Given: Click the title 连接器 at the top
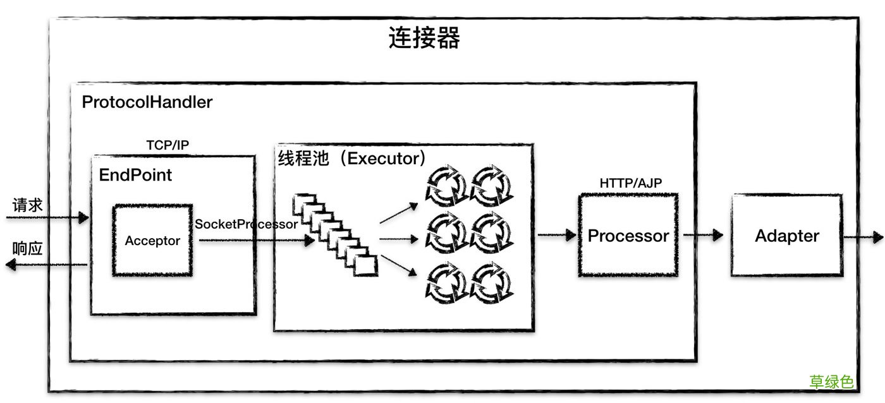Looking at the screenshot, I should pyautogui.click(x=424, y=39).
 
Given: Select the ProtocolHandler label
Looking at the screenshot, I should pyautogui.click(x=147, y=102).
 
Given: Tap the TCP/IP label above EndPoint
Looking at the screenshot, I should pyautogui.click(x=168, y=145).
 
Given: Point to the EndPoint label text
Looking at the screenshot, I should pyautogui.click(x=135, y=175).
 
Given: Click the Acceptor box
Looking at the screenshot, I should pyautogui.click(x=152, y=240).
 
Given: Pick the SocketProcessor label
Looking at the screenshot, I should pyautogui.click(x=246, y=224).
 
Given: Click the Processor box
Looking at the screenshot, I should pyautogui.click(x=628, y=236).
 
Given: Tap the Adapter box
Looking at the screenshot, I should pyautogui.click(x=787, y=236).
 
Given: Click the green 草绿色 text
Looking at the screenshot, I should pyautogui.click(x=831, y=382).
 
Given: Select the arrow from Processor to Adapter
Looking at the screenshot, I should pyautogui.click(x=703, y=236).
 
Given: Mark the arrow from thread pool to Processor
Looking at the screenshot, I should pyautogui.click(x=556, y=236).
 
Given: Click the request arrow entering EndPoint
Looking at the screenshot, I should pyautogui.click(x=47, y=218).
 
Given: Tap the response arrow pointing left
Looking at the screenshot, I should pyautogui.click(x=44, y=265).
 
